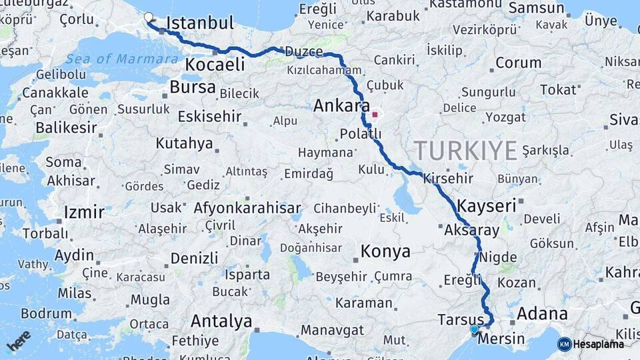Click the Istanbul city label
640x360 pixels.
click(x=199, y=23)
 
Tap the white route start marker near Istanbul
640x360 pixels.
click(x=148, y=17)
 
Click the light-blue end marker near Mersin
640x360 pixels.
click(x=474, y=329)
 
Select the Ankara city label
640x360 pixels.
click(x=341, y=105)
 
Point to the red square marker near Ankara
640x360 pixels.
click(x=375, y=115)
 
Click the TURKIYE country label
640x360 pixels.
click(x=465, y=151)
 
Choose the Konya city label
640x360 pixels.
click(x=385, y=251)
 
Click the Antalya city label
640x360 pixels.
click(x=221, y=321)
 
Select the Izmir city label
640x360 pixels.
click(x=84, y=213)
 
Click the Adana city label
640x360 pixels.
click(x=542, y=313)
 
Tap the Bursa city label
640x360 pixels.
click(x=192, y=87)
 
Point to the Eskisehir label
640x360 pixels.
click(x=209, y=116)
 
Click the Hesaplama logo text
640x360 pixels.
click(x=599, y=344)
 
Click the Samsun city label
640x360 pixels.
click(x=537, y=8)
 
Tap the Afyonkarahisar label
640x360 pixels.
click(x=247, y=208)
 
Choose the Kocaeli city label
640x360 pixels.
click(x=215, y=65)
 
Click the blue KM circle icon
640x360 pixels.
click(x=564, y=344)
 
